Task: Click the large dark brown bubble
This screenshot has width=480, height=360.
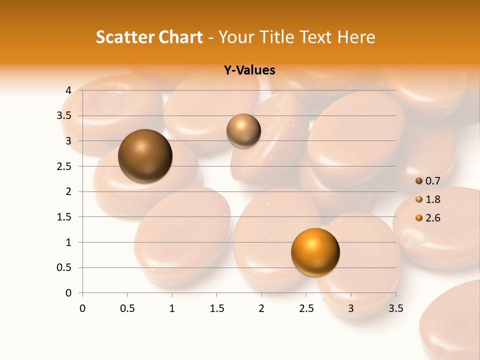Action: [x=145, y=156]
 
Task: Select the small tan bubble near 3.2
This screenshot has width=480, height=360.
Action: [x=243, y=130]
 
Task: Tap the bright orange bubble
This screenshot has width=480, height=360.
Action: [x=315, y=251]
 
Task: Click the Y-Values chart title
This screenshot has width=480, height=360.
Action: [x=249, y=70]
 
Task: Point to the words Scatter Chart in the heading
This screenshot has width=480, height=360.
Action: [x=149, y=37]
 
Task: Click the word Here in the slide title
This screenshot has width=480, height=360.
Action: [x=355, y=37]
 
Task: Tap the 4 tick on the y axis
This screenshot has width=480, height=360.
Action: [x=68, y=90]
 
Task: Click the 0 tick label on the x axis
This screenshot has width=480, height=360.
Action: [x=82, y=308]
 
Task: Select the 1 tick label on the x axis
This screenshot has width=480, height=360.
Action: [x=172, y=308]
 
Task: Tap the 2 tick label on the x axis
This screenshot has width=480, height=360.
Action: [x=261, y=308]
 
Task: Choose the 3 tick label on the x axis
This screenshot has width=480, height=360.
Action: [x=351, y=308]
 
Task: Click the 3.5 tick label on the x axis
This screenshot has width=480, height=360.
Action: [x=395, y=308]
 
